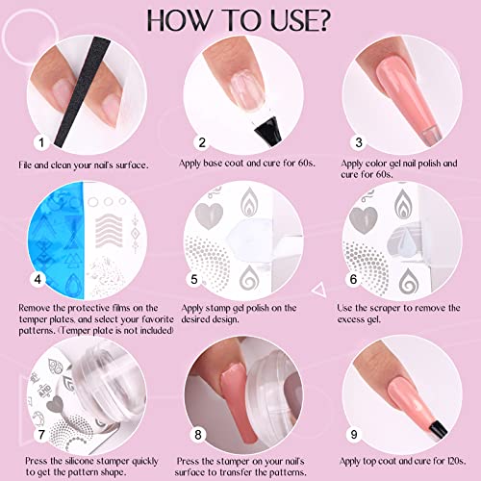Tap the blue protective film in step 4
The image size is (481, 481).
pos(48,231)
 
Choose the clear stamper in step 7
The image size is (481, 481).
pos(82,370)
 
